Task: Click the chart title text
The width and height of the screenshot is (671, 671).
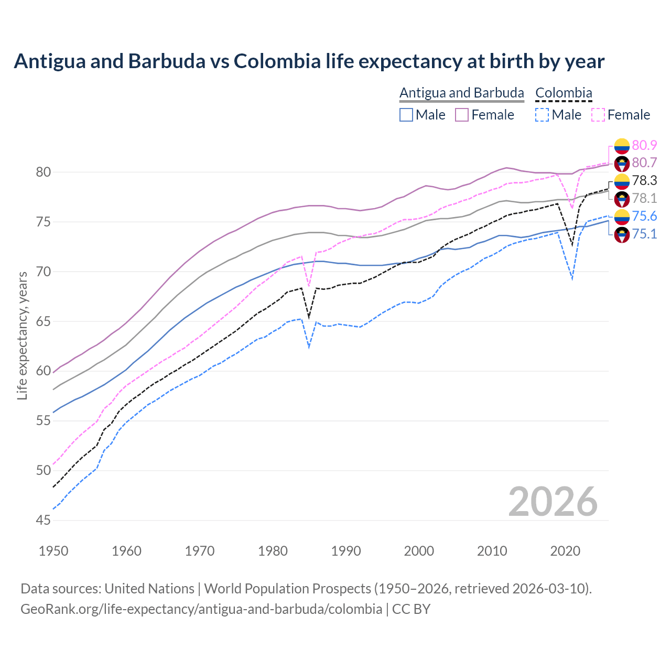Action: click(309, 61)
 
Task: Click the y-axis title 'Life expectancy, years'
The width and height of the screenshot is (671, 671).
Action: click(22, 335)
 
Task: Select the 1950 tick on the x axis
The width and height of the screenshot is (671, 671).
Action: click(53, 551)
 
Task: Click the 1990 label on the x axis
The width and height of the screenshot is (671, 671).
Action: click(346, 551)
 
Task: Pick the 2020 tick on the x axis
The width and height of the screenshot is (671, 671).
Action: click(565, 551)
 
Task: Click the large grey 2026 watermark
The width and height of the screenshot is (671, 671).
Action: click(553, 502)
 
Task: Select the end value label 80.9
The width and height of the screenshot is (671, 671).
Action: click(644, 145)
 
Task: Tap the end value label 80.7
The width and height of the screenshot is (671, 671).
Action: click(644, 163)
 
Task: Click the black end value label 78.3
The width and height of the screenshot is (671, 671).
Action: click(644, 181)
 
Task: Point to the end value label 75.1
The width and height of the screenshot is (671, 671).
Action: click(644, 234)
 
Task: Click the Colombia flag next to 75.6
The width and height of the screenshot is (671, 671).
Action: click(622, 217)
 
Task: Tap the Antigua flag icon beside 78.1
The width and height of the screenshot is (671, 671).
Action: click(622, 199)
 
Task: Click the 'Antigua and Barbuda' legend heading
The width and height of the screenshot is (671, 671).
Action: click(462, 93)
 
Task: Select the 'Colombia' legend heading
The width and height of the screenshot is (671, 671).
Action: click(564, 93)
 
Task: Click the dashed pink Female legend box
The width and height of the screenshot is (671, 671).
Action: click(598, 115)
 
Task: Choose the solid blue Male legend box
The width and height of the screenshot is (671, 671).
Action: click(406, 115)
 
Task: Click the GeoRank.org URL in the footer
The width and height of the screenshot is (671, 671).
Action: click(201, 609)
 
